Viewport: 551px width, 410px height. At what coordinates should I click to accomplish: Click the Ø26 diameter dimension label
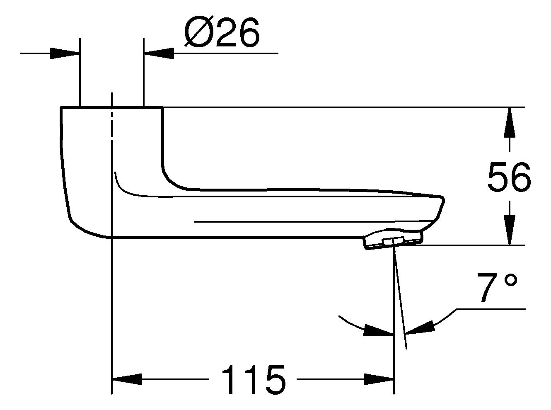(x=222, y=32)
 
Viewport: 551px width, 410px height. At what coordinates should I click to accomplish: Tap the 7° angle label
(x=497, y=288)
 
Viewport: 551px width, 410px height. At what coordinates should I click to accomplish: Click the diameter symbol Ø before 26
(x=199, y=32)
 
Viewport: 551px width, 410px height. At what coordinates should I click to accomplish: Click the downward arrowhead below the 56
(x=509, y=230)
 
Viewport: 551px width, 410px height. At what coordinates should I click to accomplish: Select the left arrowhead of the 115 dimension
(x=127, y=379)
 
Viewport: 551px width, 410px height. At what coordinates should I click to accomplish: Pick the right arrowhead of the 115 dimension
(x=379, y=379)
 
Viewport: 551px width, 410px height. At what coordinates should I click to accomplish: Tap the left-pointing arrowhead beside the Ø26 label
(x=159, y=53)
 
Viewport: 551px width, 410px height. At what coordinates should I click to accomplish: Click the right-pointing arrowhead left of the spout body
(x=65, y=53)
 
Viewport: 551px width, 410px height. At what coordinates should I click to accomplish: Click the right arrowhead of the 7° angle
(x=420, y=327)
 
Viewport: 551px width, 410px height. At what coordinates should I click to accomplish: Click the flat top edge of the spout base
(x=112, y=107)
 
